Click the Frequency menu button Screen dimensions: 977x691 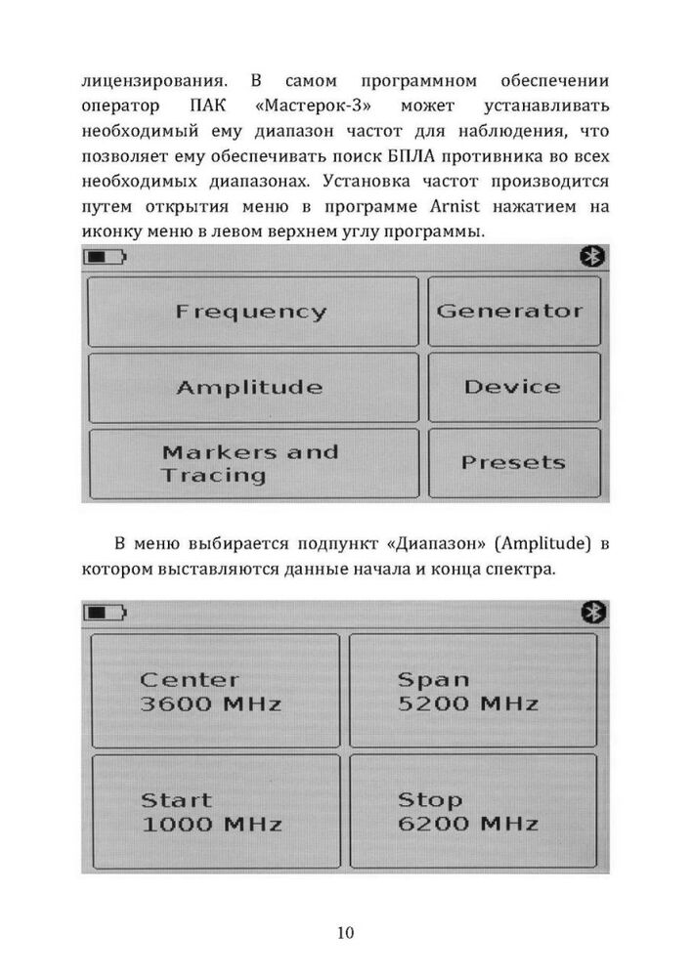(x=253, y=312)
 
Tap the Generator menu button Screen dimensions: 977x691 (x=514, y=312)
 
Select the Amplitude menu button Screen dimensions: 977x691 (x=253, y=388)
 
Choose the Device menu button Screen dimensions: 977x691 (x=514, y=388)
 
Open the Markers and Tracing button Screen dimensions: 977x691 (x=253, y=464)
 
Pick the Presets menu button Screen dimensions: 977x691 (x=514, y=464)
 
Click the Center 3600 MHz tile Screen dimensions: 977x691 (x=215, y=691)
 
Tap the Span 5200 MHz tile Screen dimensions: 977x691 (x=473, y=691)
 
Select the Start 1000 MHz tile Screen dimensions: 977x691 (x=215, y=811)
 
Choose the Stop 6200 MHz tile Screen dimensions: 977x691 (x=473, y=811)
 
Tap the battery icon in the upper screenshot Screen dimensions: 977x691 (x=104, y=257)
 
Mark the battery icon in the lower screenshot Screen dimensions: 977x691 (x=104, y=613)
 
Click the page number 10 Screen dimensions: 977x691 (x=346, y=932)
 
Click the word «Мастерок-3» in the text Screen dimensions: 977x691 (x=314, y=105)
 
